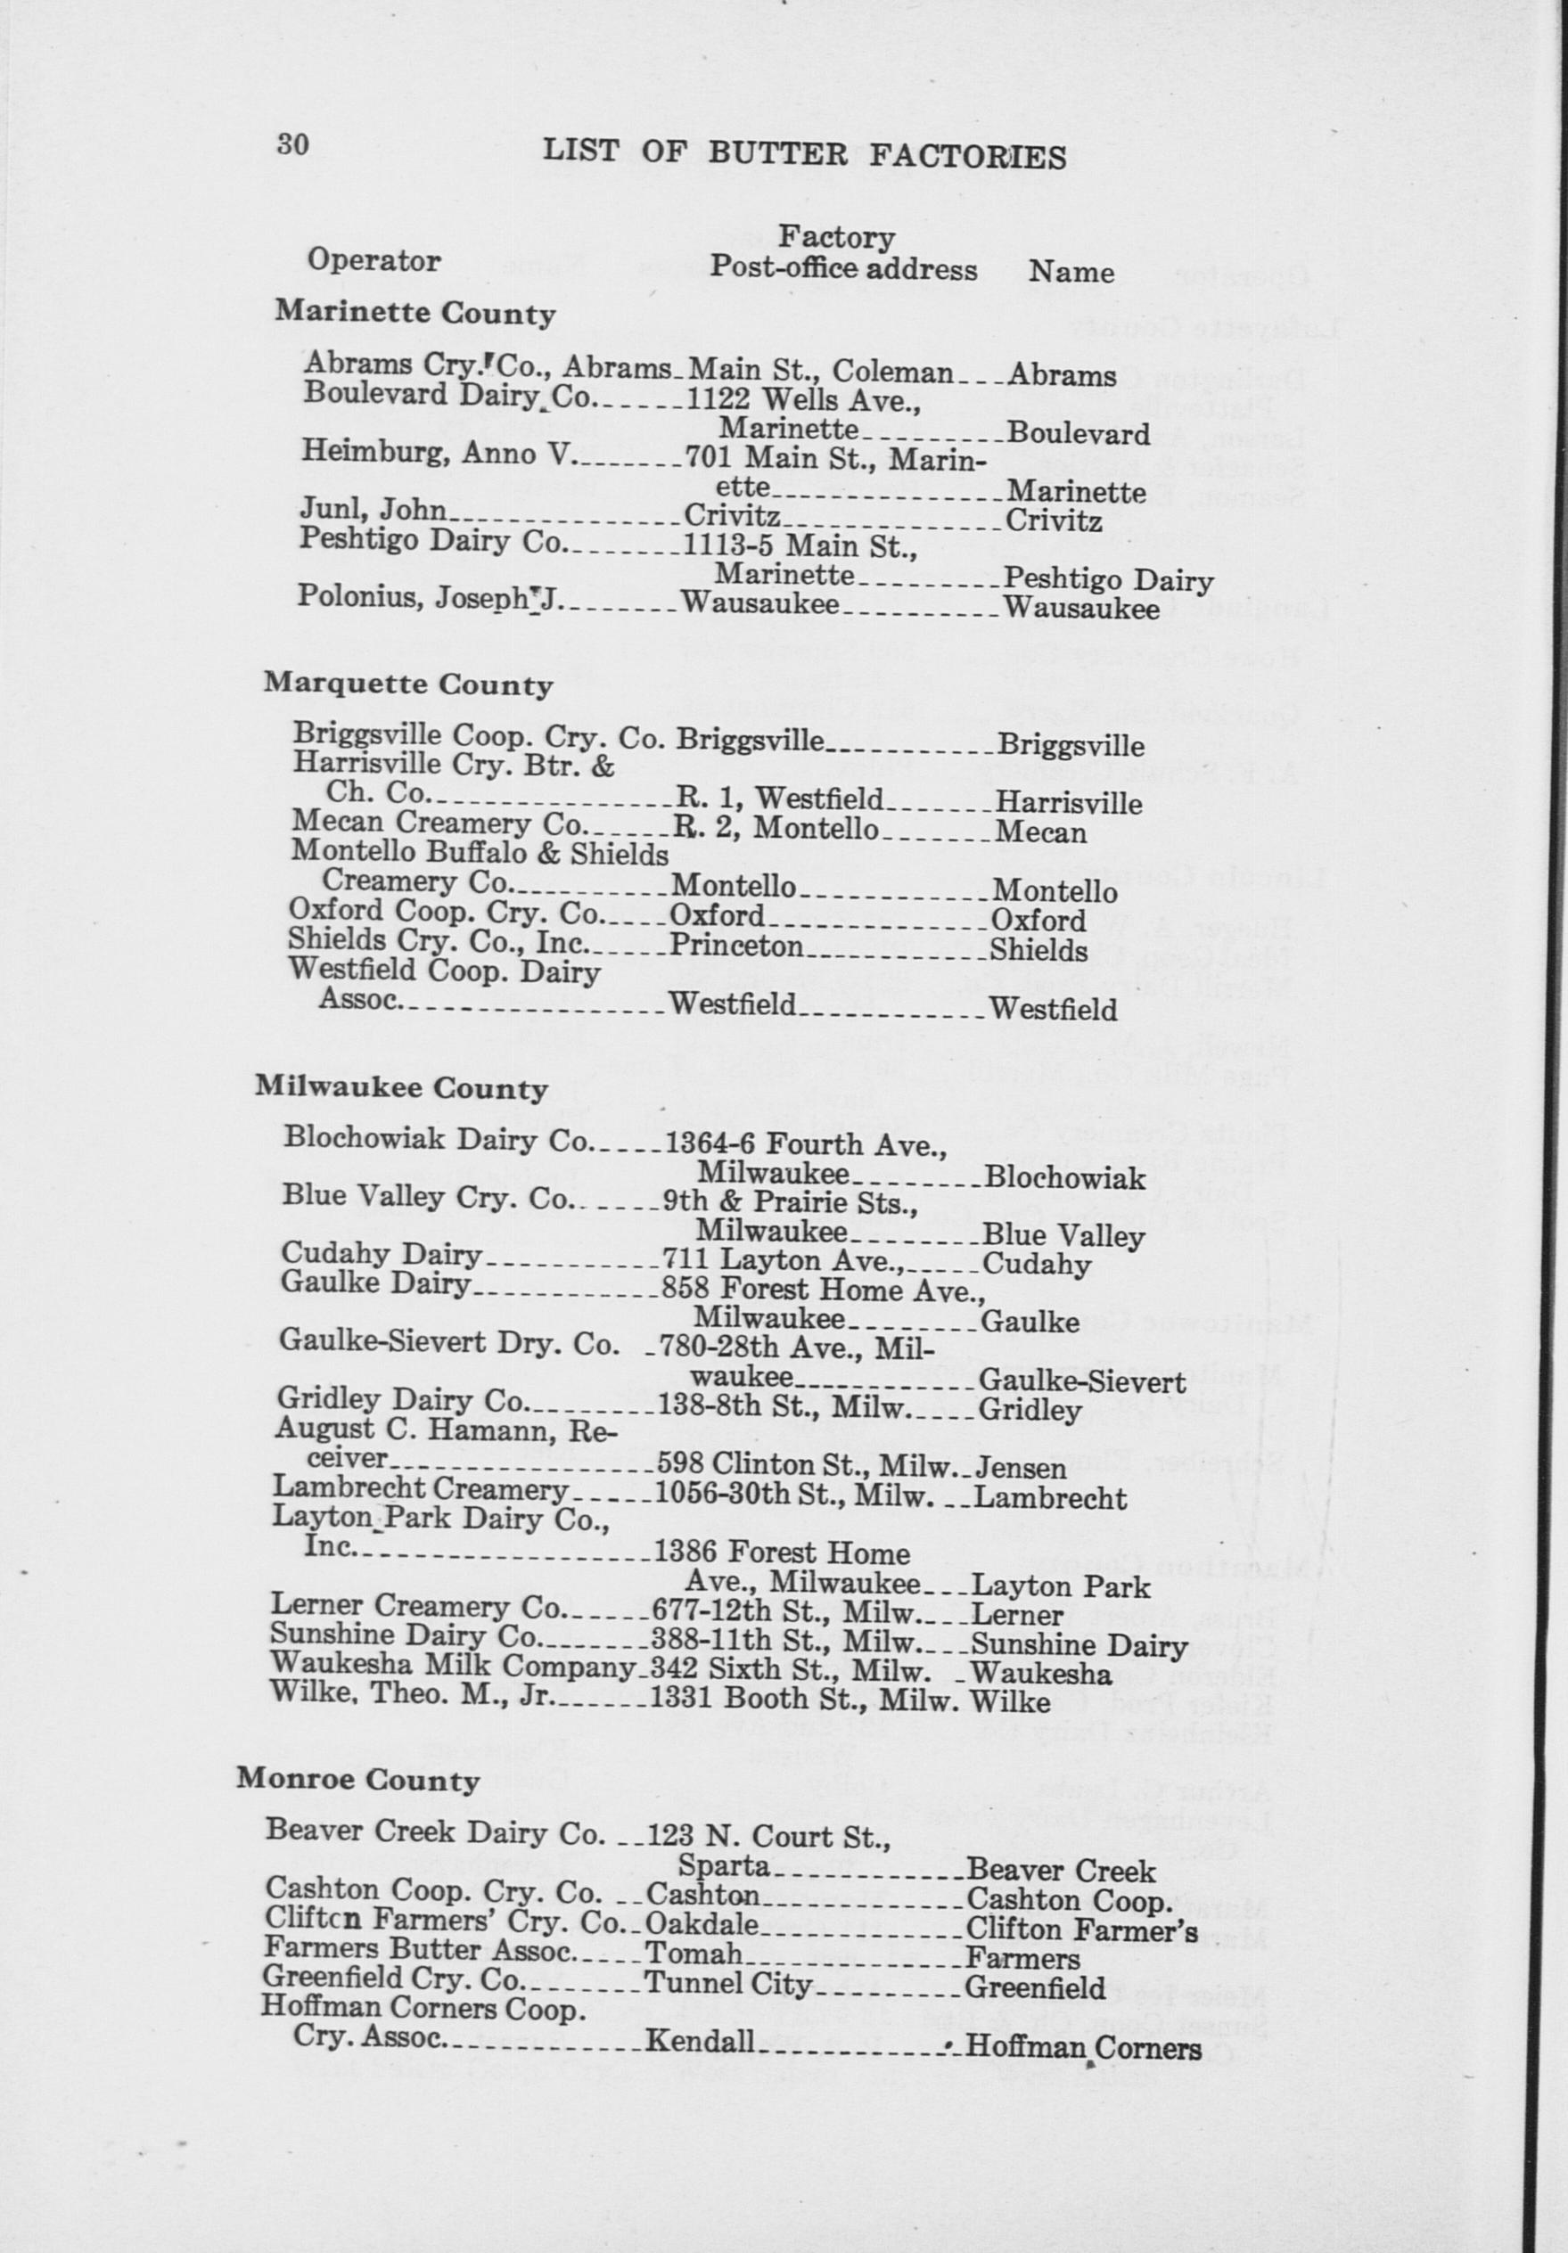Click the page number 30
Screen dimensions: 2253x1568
[x=293, y=144]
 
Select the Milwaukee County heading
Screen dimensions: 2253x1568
[x=400, y=1088]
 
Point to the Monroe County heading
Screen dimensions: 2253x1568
[x=357, y=1780]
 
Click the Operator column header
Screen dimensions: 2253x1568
[x=373, y=260]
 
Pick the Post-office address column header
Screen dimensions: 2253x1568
[x=843, y=268]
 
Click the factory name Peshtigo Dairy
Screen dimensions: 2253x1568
[x=1109, y=580]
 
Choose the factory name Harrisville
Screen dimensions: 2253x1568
[x=1069, y=804]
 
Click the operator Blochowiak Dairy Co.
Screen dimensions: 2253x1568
[x=438, y=1139]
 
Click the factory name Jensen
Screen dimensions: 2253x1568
[x=1021, y=1468]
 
